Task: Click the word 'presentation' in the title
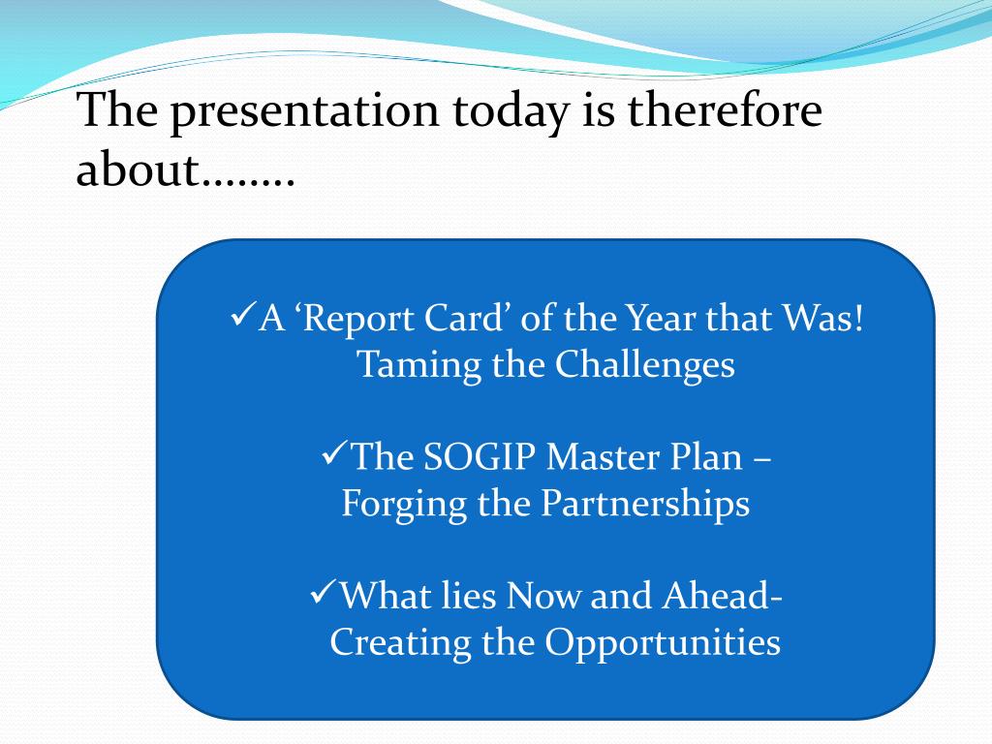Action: (304, 111)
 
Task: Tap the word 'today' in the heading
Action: (510, 111)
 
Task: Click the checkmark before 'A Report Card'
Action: (243, 314)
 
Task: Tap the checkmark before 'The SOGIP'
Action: (334, 453)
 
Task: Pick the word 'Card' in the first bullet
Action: (467, 317)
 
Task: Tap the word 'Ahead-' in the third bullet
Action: (722, 596)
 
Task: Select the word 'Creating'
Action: (400, 644)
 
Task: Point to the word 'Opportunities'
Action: (663, 644)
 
